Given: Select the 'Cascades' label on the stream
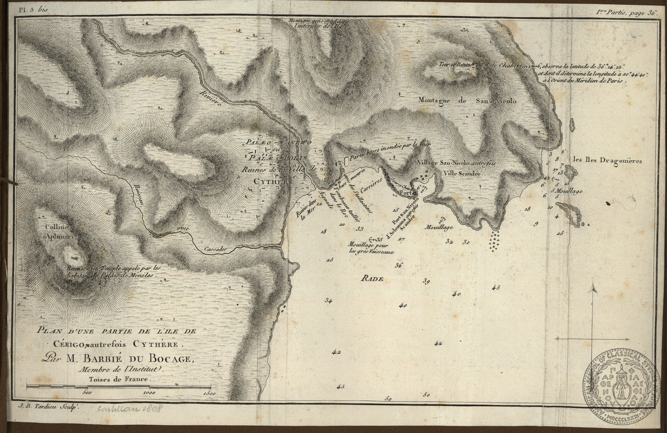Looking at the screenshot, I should click(214, 249).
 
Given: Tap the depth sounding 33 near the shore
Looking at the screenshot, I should click(360, 229).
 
